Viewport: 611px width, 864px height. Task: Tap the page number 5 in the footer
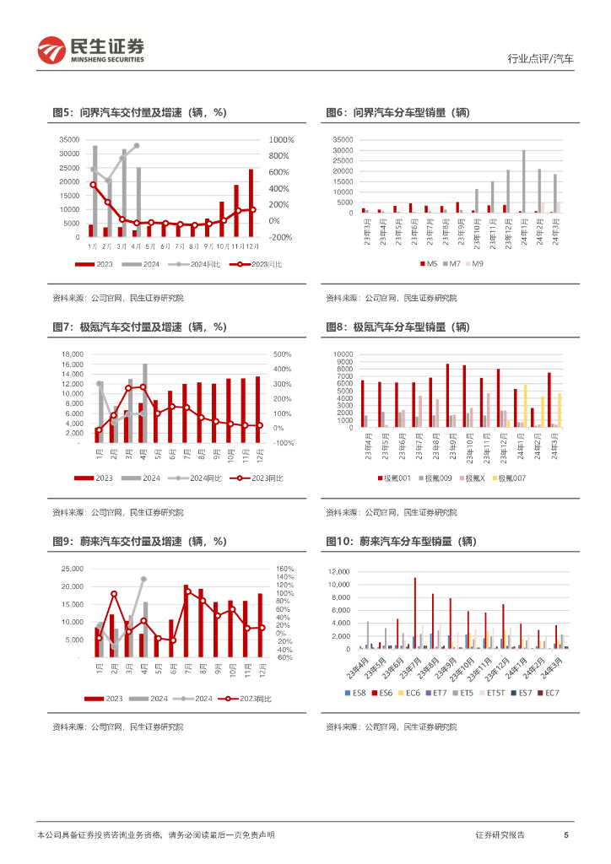pyautogui.click(x=565, y=834)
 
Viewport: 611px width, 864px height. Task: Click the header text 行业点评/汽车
pyautogui.click(x=541, y=59)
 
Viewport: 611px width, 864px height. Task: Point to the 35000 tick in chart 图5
pyautogui.click(x=69, y=140)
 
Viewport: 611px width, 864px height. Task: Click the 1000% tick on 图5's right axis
pyautogui.click(x=281, y=140)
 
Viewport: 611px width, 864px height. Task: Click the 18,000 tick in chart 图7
pyautogui.click(x=71, y=354)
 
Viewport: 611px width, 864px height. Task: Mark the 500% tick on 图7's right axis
pyautogui.click(x=281, y=354)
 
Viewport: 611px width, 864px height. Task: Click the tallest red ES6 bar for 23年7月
pyautogui.click(x=415, y=613)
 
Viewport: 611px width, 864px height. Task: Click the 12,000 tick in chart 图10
pyautogui.click(x=338, y=571)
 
